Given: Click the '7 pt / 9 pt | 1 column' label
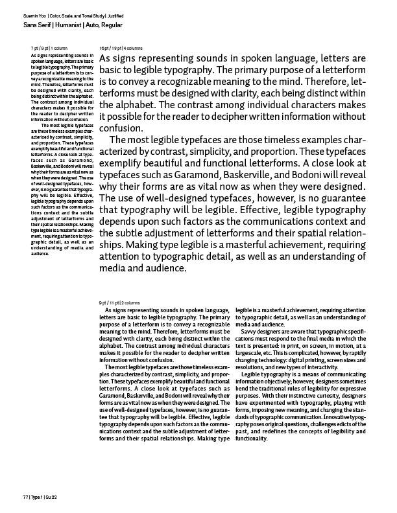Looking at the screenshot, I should [49, 48].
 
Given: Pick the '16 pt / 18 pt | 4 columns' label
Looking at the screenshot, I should [121, 48].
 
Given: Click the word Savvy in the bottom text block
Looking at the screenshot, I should [252, 332].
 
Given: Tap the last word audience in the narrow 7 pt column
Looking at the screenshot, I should [41, 254].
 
